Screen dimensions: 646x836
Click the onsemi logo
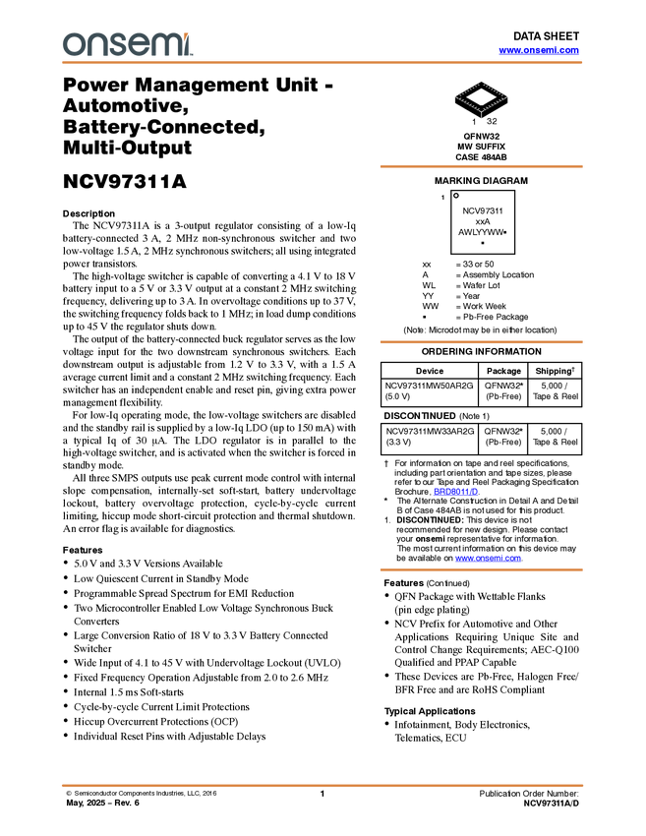(x=127, y=44)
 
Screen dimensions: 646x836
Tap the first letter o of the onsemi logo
(x=74, y=44)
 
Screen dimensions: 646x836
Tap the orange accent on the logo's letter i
(x=188, y=34)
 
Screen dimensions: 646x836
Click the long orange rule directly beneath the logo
(x=323, y=63)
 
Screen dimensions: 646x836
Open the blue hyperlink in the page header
(x=539, y=49)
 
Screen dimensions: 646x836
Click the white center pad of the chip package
(x=481, y=96)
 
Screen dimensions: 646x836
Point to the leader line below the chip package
(x=481, y=115)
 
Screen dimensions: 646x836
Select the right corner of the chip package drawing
(x=508, y=96)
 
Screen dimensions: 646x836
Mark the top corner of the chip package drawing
(x=481, y=83)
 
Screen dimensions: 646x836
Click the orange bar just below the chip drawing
(x=481, y=166)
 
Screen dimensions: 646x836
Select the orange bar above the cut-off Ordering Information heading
(x=481, y=341)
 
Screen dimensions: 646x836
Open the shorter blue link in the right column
(x=456, y=491)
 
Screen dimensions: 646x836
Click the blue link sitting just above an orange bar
(x=488, y=559)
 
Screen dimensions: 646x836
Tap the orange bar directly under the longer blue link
(x=481, y=569)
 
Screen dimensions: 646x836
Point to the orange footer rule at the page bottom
(x=323, y=786)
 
